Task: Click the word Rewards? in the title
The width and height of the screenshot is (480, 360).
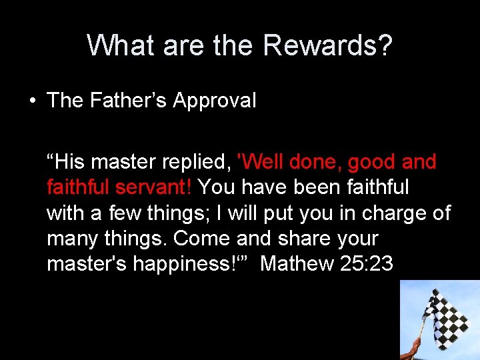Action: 327,46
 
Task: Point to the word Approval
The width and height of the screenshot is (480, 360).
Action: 215,101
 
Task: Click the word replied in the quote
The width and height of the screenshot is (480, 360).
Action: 197,162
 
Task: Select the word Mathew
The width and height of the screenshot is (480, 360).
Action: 297,264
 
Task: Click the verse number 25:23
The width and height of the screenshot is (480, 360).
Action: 367,264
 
